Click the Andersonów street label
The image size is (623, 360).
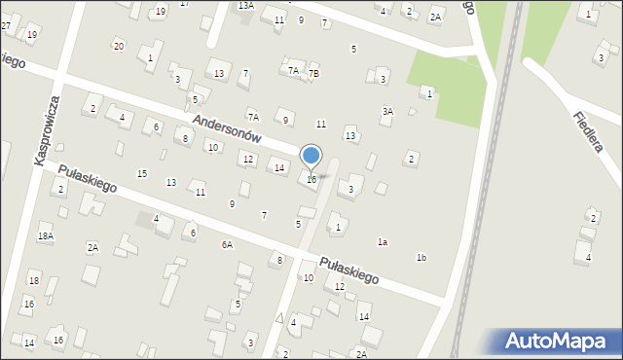coord(240,131)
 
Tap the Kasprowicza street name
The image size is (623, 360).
coord(49,129)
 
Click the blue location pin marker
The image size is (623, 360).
coord(311,157)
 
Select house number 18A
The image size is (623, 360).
coord(46,236)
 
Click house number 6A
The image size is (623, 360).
coord(227,244)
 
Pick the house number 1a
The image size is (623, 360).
coord(383,241)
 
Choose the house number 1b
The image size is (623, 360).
coord(421,257)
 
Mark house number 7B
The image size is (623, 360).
coord(313,74)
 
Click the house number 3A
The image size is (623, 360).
coord(387,111)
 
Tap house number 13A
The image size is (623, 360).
coord(246,6)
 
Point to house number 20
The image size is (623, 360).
coord(118,46)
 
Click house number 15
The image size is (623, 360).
coord(142,173)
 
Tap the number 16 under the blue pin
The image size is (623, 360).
coord(311,179)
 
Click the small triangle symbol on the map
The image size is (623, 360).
coord(279,317)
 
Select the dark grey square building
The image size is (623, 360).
coord(145,219)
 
